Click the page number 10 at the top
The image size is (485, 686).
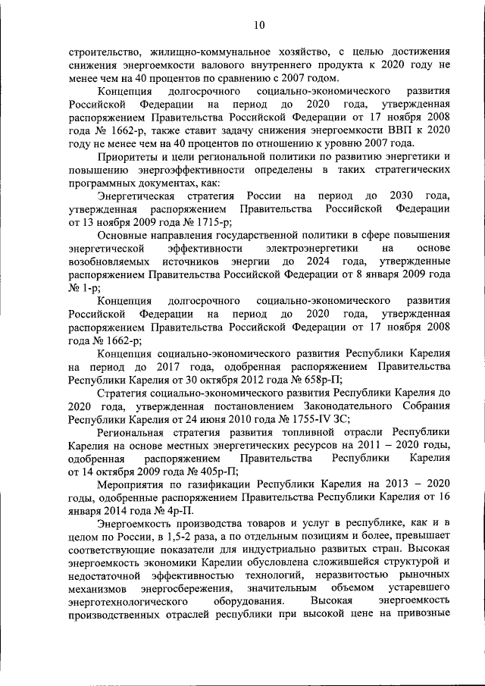pos(260,25)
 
